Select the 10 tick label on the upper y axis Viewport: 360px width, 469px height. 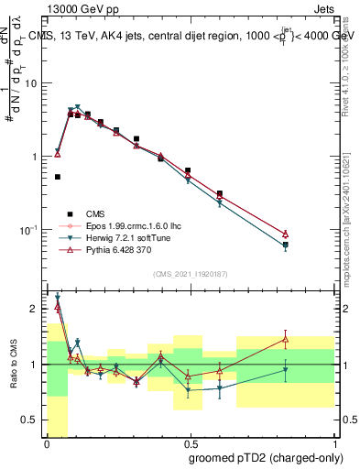point(34,83)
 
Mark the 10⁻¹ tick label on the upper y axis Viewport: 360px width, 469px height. point(32,229)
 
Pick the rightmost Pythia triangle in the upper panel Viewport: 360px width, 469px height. point(286,234)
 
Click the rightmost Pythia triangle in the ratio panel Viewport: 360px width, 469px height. point(286,340)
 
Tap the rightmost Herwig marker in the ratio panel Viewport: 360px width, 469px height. point(286,370)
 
